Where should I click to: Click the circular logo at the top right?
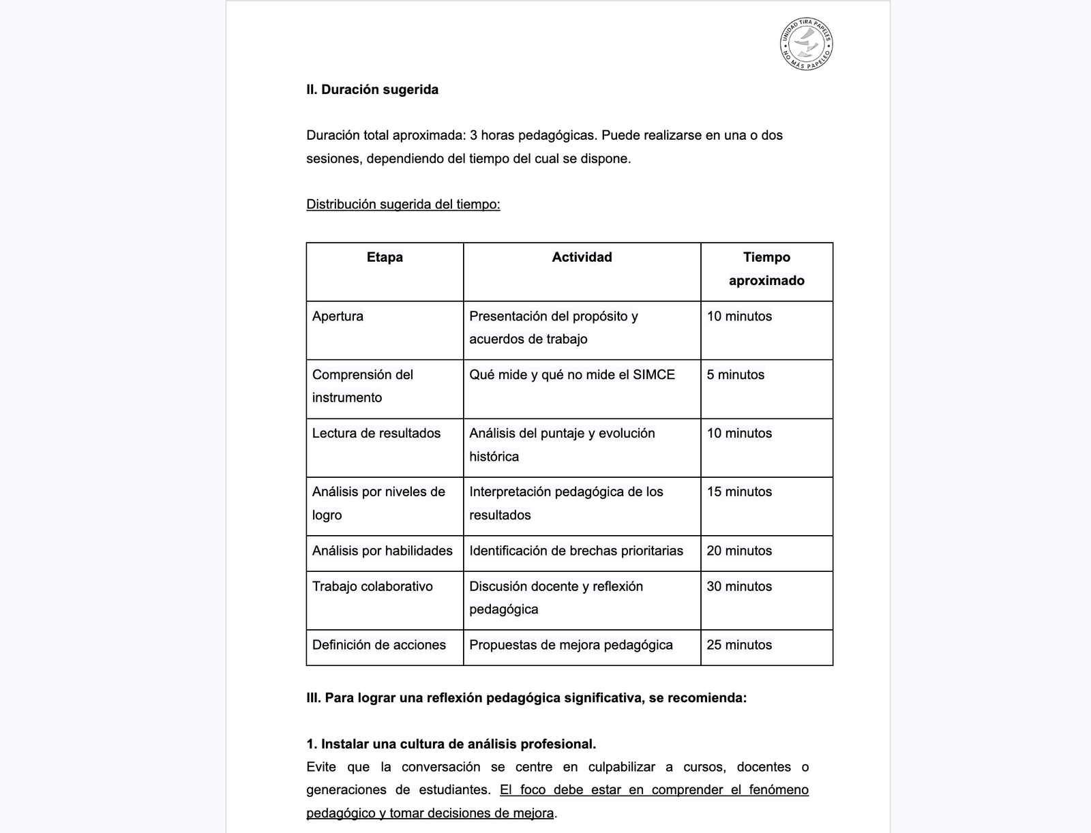[x=806, y=45]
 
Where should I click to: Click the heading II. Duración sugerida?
[x=372, y=90]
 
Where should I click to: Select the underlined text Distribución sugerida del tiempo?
[x=403, y=205]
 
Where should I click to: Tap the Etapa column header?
[x=385, y=258]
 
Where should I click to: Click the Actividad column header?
[x=582, y=258]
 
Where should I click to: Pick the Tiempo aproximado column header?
[x=766, y=269]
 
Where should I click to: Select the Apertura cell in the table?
[x=338, y=316]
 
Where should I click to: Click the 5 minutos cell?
[x=736, y=375]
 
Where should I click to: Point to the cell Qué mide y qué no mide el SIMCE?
[x=572, y=375]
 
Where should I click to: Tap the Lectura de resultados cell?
[x=376, y=434]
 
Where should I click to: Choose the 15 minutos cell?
[x=739, y=492]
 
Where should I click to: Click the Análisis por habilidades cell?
[x=383, y=551]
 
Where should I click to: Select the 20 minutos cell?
[x=739, y=551]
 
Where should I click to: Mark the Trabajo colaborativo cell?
[x=372, y=586]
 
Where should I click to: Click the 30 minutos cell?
[x=739, y=586]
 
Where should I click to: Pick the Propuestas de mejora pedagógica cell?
[x=571, y=645]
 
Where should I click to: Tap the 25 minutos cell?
[x=739, y=645]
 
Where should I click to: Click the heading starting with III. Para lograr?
[x=526, y=698]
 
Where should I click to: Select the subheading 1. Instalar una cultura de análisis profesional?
[x=451, y=744]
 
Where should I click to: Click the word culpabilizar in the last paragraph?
[x=622, y=767]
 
